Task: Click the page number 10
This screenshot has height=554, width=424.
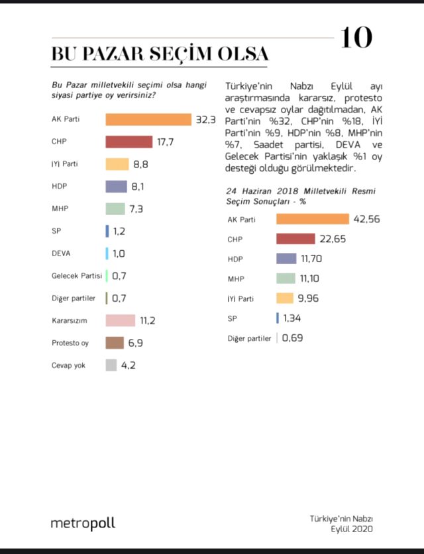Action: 356,38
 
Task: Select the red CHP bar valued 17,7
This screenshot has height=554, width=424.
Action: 129,142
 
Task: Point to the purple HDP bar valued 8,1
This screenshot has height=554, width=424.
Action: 117,187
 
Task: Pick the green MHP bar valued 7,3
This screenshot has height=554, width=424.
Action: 115,209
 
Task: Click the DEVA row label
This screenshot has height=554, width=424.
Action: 61,254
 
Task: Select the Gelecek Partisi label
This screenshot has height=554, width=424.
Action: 77,276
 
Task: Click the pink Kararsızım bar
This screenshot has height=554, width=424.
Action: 121,320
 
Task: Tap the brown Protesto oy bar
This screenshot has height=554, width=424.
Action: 115,343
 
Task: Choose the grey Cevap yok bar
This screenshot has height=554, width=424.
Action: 111,365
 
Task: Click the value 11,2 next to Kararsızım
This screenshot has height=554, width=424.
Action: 148,321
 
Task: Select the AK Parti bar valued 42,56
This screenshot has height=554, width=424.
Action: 313,219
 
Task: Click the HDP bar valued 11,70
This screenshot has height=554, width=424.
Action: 286,259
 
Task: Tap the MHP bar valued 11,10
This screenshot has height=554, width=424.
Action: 286,279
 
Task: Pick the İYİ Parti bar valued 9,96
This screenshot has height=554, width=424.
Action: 285,299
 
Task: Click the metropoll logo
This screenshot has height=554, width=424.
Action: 83,523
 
